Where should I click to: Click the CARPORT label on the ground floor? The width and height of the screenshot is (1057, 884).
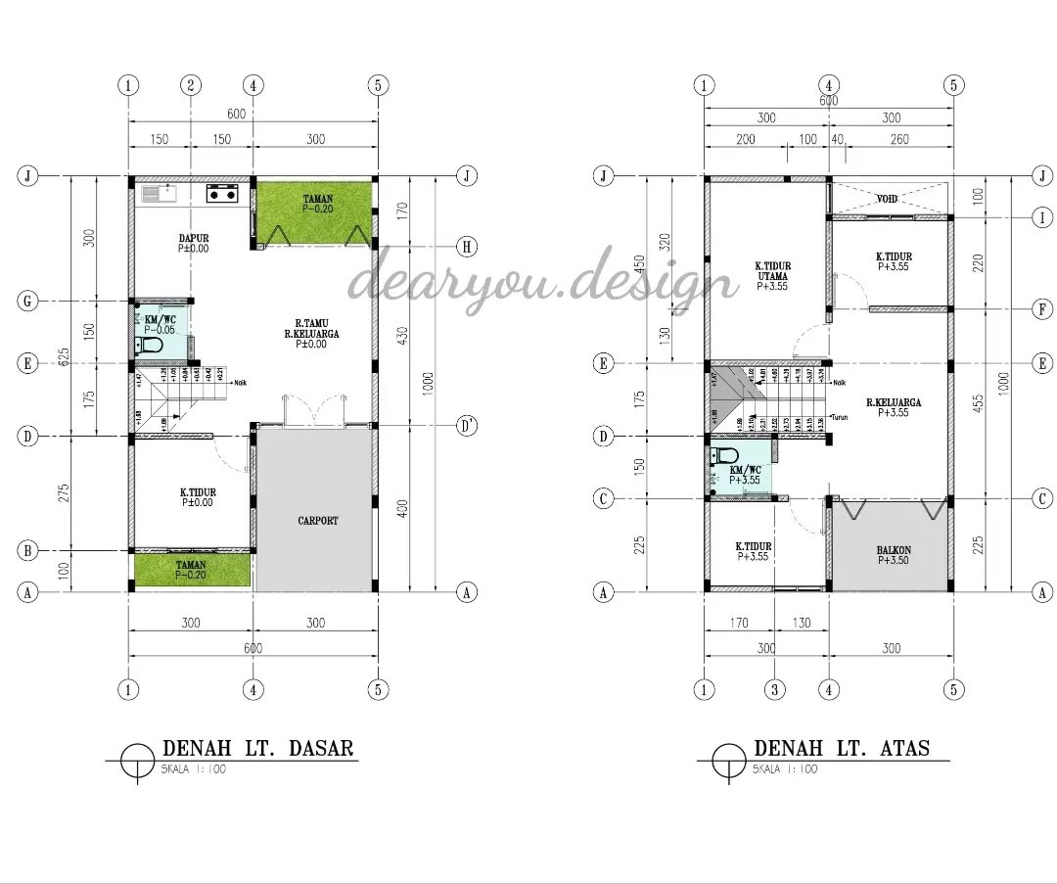tap(318, 521)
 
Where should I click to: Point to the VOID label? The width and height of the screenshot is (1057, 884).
tap(887, 199)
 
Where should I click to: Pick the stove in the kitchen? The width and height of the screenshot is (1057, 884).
tap(222, 193)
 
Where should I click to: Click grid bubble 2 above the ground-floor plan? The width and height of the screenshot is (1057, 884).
tap(191, 85)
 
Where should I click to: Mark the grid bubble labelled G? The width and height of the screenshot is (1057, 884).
tap(28, 302)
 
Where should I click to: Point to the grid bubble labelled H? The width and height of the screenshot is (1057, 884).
tap(467, 246)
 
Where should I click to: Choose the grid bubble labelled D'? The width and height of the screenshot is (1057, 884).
tap(467, 427)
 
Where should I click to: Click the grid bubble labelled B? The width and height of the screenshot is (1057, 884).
tap(28, 551)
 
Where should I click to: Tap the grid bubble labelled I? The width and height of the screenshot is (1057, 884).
tap(1043, 217)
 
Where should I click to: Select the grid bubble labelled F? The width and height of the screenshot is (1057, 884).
tap(1043, 309)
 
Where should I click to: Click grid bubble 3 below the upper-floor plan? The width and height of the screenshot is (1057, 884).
tap(775, 689)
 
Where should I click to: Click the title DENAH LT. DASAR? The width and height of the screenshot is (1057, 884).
tap(258, 749)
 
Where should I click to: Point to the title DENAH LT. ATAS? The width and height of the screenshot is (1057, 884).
tap(841, 749)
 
